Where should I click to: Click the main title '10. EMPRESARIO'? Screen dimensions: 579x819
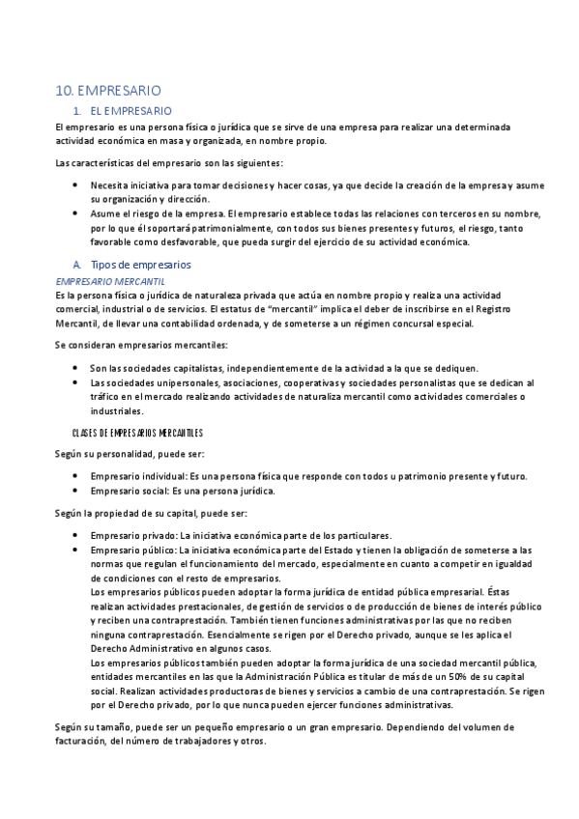108,91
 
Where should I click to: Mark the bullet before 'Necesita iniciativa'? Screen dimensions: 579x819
76,184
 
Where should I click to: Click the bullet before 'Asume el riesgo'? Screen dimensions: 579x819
76,213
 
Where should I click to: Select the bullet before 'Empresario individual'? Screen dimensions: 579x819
76,476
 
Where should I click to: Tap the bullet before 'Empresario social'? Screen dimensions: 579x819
76,491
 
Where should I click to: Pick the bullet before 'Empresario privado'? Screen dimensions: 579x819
76,535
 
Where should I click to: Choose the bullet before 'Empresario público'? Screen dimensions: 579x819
76,549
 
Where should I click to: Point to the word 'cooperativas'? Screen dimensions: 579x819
268,382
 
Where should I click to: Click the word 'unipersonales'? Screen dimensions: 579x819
167,382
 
